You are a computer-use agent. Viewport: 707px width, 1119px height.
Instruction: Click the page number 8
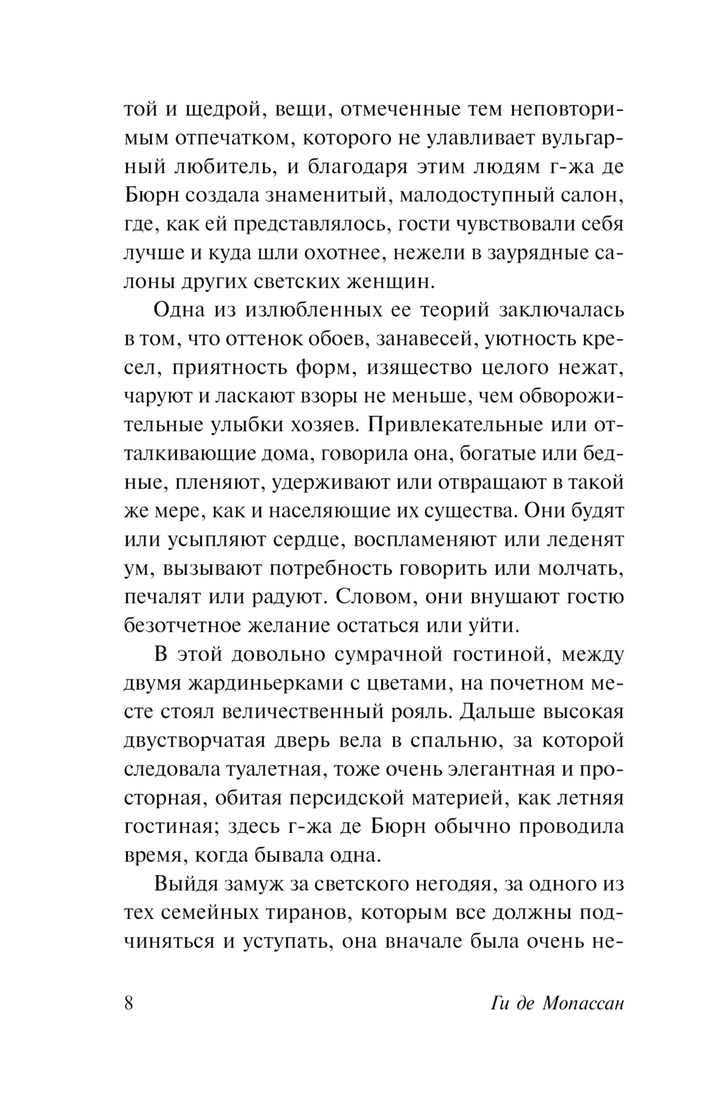coord(128,1004)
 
